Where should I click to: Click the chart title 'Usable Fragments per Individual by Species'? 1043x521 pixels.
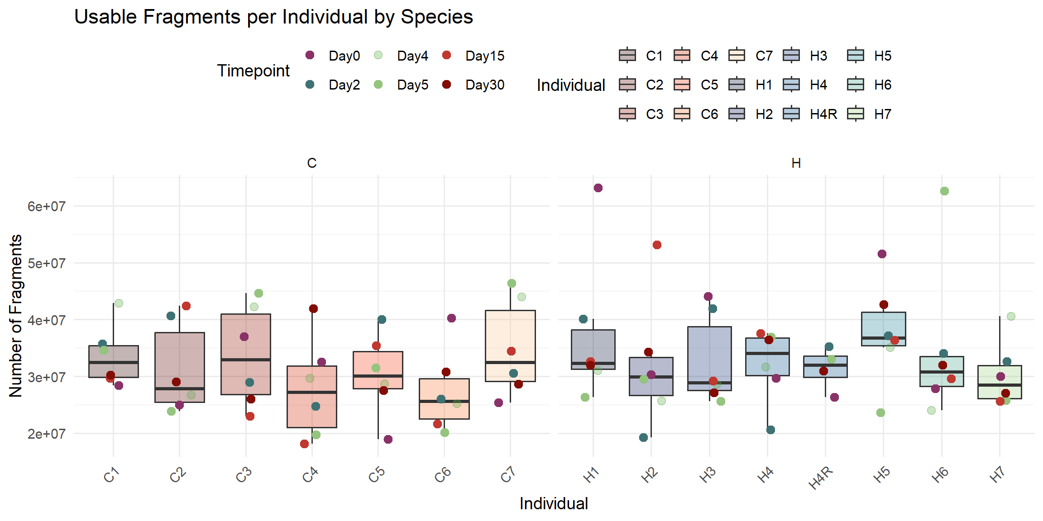click(x=273, y=17)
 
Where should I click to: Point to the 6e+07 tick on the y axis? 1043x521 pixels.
click(x=46, y=206)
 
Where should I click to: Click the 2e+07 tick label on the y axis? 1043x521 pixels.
click(x=46, y=434)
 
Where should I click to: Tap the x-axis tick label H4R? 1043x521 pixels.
click(x=821, y=478)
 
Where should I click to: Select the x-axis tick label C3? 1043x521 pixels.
click(x=244, y=475)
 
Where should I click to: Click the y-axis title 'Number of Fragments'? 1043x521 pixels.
click(x=16, y=316)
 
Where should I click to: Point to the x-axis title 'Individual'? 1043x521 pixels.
click(x=554, y=503)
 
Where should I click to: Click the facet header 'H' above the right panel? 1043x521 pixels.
click(x=796, y=163)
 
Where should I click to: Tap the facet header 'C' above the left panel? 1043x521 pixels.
click(x=311, y=163)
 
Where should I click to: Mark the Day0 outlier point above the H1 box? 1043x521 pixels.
click(x=598, y=188)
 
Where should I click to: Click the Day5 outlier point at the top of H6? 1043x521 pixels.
click(x=944, y=191)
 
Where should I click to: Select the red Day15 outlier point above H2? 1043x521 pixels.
click(x=657, y=245)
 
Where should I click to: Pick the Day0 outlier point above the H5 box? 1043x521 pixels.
click(x=882, y=254)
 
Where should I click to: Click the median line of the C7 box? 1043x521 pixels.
click(x=510, y=362)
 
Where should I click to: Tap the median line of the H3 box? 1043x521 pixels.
click(x=709, y=383)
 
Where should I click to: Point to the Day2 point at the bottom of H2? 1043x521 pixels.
click(x=643, y=437)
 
